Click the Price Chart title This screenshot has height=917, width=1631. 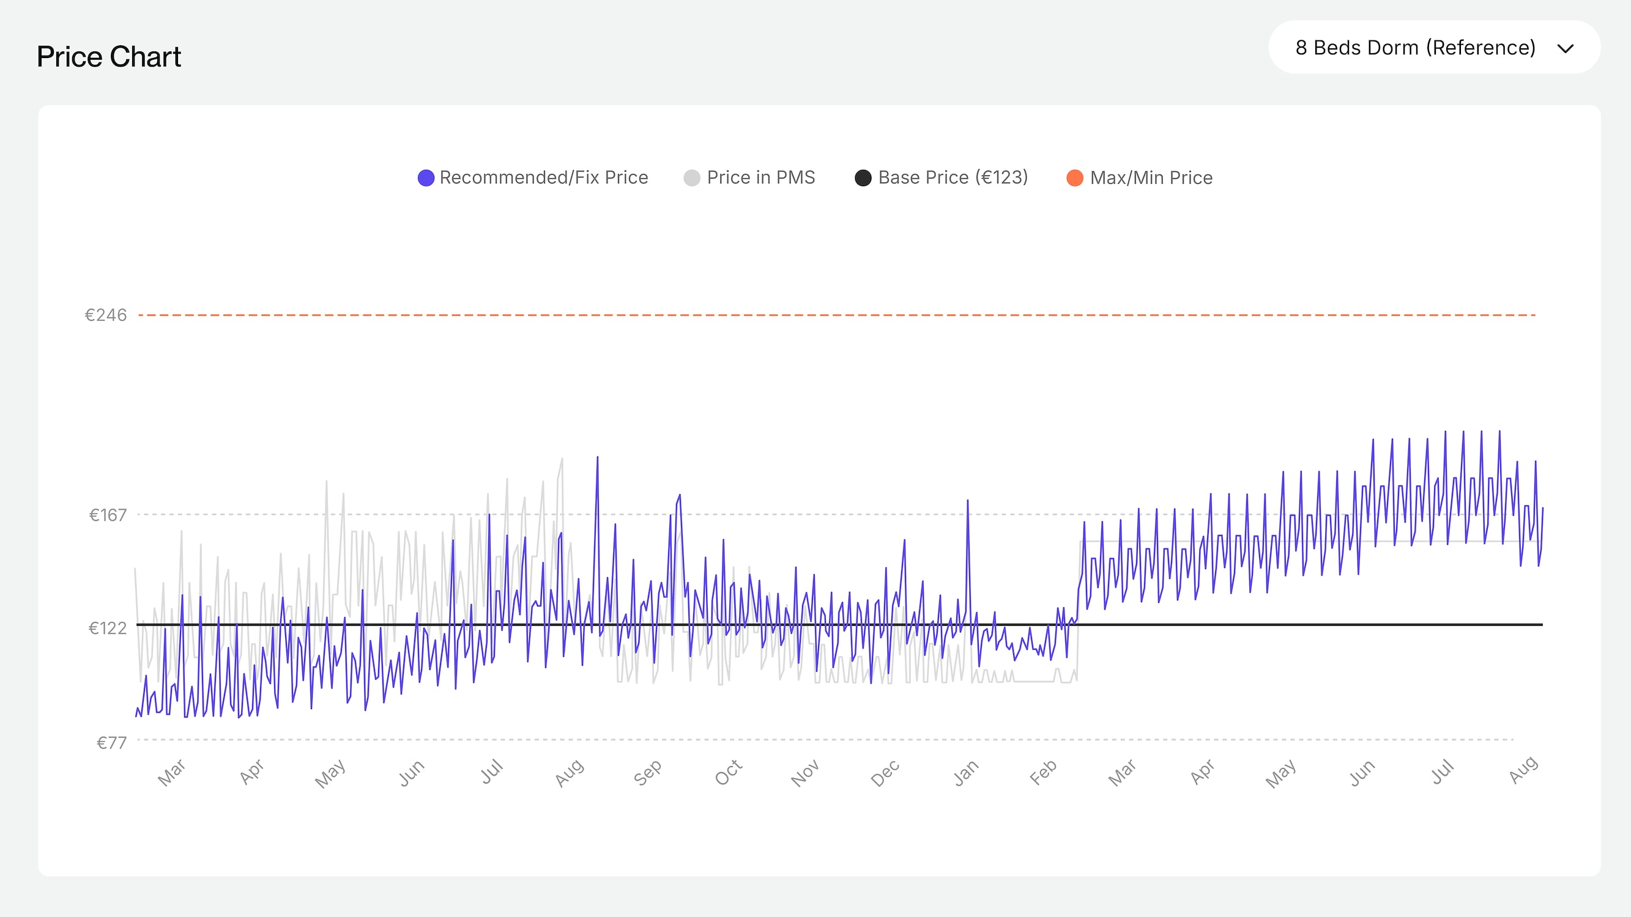pyautogui.click(x=109, y=57)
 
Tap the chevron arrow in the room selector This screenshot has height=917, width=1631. pyautogui.click(x=1565, y=49)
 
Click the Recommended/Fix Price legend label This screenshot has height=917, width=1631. pyautogui.click(x=543, y=178)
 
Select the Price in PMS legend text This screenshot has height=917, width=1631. pyautogui.click(x=760, y=178)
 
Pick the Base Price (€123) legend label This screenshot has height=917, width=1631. pyautogui.click(x=953, y=178)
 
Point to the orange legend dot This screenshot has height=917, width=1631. pyautogui.click(x=1074, y=179)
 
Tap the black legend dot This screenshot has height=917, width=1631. pyautogui.click(x=863, y=179)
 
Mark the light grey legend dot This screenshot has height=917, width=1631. pyautogui.click(x=692, y=179)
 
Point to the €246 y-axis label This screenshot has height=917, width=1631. pyautogui.click(x=106, y=315)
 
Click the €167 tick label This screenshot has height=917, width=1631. pyautogui.click(x=108, y=515)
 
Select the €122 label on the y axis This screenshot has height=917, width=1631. pyautogui.click(x=108, y=628)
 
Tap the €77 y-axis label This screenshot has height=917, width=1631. pyautogui.click(x=111, y=742)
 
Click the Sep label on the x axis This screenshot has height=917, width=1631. pyautogui.click(x=647, y=773)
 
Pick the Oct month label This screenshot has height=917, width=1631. pyautogui.click(x=728, y=773)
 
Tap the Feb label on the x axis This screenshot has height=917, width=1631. pyautogui.click(x=1043, y=773)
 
